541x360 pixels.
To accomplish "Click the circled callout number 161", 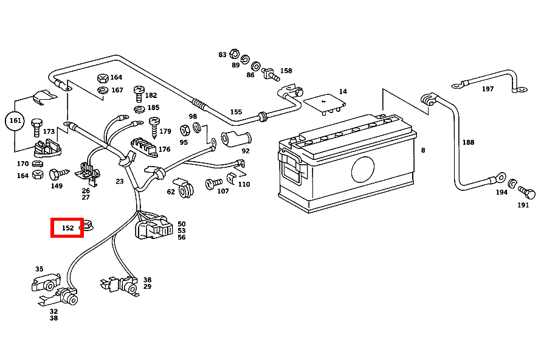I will pyautogui.click(x=15, y=121).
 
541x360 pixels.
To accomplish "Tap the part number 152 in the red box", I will pyautogui.click(x=67, y=228).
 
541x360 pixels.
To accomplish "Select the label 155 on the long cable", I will pyautogui.click(x=236, y=112).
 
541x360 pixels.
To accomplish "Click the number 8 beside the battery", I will pyautogui.click(x=423, y=150).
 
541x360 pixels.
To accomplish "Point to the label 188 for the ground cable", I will pyautogui.click(x=468, y=142).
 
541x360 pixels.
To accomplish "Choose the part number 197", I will pyautogui.click(x=488, y=89).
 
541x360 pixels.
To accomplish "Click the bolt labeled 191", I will pyautogui.click(x=528, y=195).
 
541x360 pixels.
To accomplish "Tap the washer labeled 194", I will pyautogui.click(x=512, y=183).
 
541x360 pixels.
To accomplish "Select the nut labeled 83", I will pyautogui.click(x=236, y=55).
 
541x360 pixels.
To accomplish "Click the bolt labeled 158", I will pyautogui.click(x=269, y=75).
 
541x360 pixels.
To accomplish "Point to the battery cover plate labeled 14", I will pyautogui.click(x=325, y=102).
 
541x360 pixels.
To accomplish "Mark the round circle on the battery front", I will pyautogui.click(x=364, y=170).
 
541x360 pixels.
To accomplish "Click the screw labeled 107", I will pyautogui.click(x=213, y=182).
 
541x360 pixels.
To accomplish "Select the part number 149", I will pyautogui.click(x=57, y=186).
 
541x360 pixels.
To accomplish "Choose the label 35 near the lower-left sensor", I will pyautogui.click(x=39, y=269).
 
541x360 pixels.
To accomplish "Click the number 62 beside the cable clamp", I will pyautogui.click(x=171, y=192).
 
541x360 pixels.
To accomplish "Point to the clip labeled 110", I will pyautogui.click(x=230, y=178).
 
